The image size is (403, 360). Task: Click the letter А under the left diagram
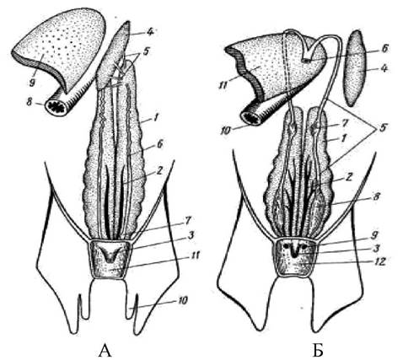tap(105, 351)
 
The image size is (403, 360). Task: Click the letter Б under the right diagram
tap(318, 351)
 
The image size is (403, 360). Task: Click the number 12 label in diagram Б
tap(379, 262)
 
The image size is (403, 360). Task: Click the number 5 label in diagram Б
tap(382, 128)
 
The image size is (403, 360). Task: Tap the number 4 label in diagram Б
tap(383, 68)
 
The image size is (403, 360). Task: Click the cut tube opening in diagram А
tap(57, 107)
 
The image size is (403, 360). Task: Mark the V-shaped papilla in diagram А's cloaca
tap(110, 255)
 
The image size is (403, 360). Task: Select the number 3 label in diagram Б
tap(377, 249)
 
